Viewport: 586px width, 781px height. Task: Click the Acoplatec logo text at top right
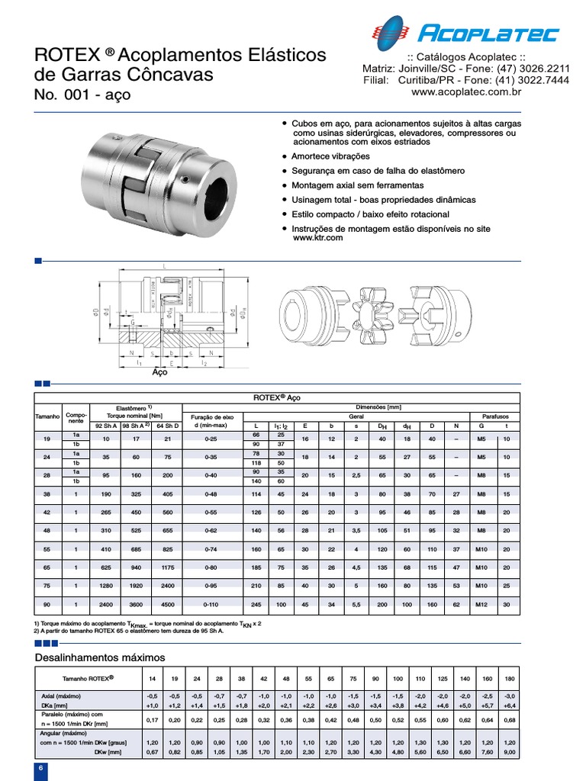point(488,33)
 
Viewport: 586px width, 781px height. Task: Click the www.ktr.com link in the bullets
point(318,238)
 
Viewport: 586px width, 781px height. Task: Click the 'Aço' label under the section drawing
point(159,373)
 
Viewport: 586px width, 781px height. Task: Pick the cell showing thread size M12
point(481,605)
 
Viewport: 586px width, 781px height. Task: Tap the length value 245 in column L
point(256,605)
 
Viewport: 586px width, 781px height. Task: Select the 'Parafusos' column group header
point(492,416)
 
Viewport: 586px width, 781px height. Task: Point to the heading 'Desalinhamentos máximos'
point(100,657)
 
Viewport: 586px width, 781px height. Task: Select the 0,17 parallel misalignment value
point(151,719)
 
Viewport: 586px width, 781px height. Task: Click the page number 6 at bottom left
point(40,770)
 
